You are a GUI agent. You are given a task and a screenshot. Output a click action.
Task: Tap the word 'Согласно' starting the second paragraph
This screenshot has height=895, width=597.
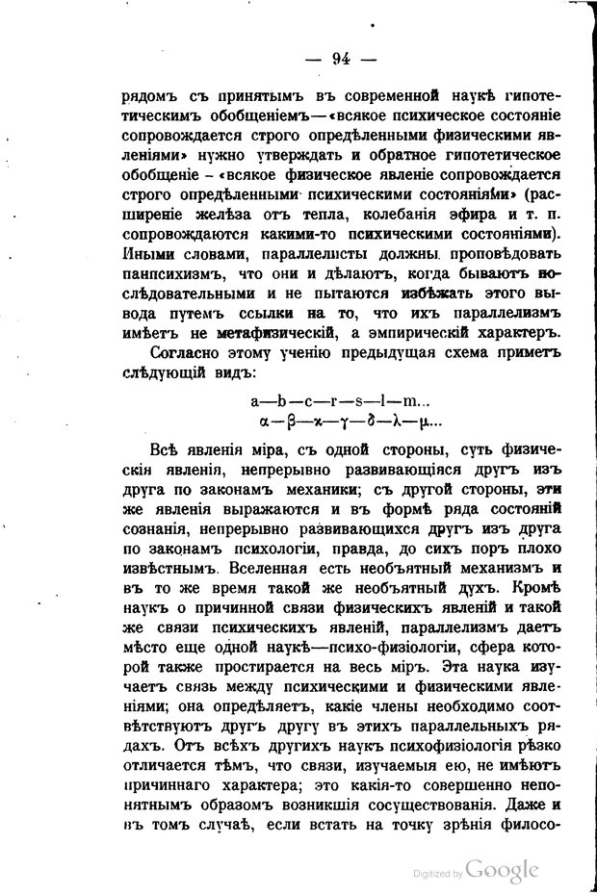tap(188, 356)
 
